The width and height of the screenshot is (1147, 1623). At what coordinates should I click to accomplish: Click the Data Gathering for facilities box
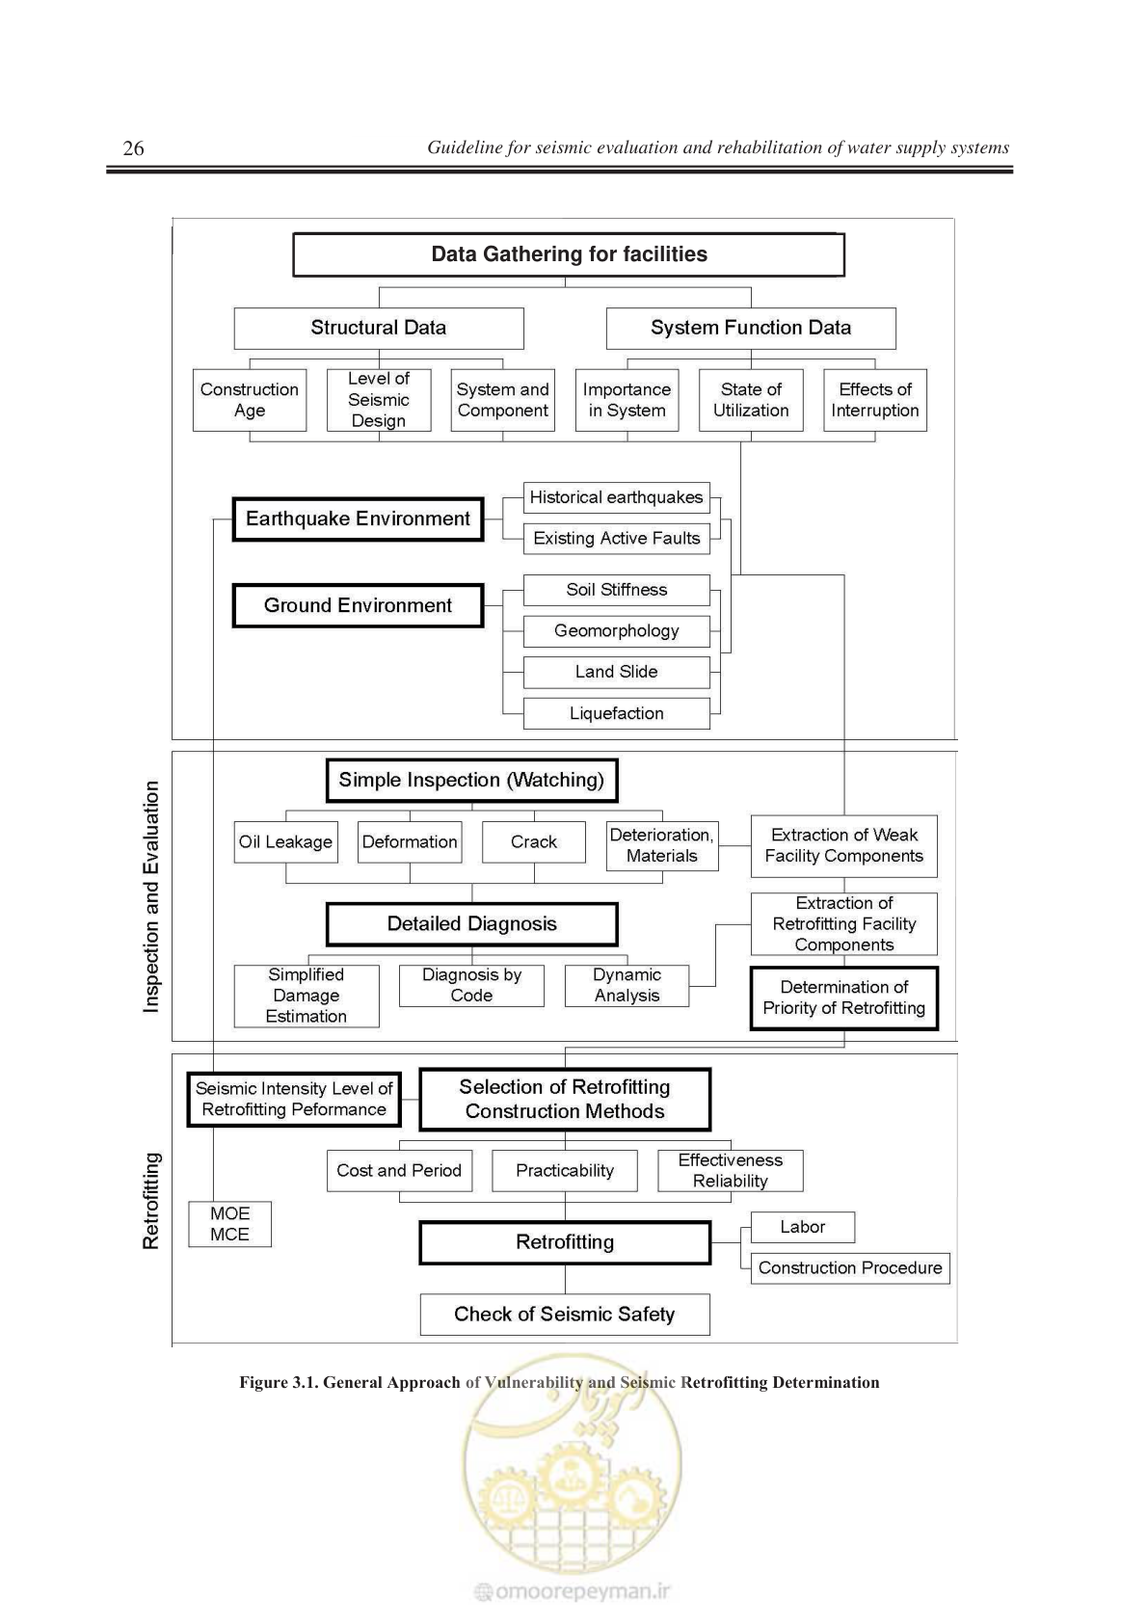[569, 254]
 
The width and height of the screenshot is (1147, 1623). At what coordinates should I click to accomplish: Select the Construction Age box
[250, 400]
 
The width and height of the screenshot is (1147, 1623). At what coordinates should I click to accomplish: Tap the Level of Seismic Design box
[379, 400]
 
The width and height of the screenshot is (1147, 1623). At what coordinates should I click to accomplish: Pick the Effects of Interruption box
[875, 400]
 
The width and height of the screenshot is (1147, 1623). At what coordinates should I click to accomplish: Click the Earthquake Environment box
[358, 519]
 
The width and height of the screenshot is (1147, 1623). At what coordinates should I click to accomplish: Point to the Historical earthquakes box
[617, 497]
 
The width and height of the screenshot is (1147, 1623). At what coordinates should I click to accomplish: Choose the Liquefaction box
[617, 714]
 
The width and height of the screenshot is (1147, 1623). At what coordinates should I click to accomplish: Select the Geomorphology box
[617, 631]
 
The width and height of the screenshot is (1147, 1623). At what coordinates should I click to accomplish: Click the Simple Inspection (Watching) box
[471, 781]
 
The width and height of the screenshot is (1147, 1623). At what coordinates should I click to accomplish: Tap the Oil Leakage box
[285, 842]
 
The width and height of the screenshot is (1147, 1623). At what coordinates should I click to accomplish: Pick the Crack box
[534, 842]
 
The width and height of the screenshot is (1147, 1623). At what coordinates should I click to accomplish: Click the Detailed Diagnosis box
[471, 924]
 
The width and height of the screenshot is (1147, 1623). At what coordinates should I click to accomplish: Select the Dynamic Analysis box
[627, 985]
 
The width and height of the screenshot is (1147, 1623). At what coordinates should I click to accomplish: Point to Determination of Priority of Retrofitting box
[844, 998]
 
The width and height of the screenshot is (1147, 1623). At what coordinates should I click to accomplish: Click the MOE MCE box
[229, 1224]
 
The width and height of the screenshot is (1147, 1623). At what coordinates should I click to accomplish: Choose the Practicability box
[565, 1171]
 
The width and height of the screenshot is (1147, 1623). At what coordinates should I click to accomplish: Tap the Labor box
[803, 1227]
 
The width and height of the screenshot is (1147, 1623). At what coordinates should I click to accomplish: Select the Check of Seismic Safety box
[565, 1315]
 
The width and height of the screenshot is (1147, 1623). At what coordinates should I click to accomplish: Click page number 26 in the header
[133, 147]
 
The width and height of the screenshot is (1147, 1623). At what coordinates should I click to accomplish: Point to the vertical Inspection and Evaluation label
[150, 896]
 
